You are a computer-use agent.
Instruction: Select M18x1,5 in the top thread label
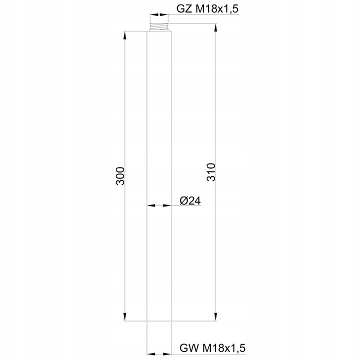(x=217, y=9)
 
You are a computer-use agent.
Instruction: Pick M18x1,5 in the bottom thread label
(x=222, y=346)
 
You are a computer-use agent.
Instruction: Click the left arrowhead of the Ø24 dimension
(x=150, y=205)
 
